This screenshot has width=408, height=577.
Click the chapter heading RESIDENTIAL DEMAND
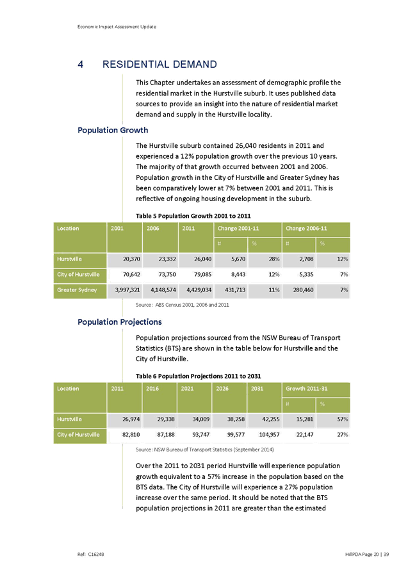click(159, 64)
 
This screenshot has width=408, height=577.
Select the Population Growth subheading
click(104, 131)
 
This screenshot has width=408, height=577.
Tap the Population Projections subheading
click(120, 321)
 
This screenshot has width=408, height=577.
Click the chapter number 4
click(80, 64)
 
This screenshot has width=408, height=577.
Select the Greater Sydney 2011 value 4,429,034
click(195, 290)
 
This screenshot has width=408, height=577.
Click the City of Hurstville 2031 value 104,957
click(265, 435)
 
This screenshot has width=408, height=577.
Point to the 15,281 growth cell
click(300, 419)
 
